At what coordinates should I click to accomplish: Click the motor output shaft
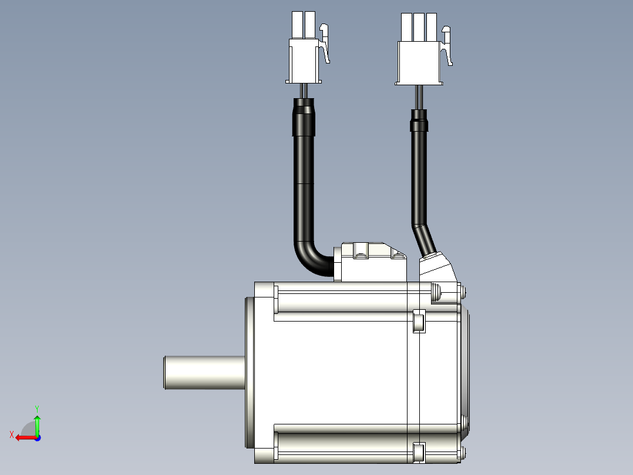(x=204, y=372)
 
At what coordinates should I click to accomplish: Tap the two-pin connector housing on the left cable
(x=304, y=47)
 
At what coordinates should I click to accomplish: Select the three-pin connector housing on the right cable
(x=419, y=49)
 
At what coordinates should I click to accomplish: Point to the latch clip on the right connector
(x=447, y=46)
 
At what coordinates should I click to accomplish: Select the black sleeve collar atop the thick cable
(x=304, y=117)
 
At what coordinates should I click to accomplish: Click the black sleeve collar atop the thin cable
(x=419, y=121)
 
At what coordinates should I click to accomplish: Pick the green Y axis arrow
(x=37, y=424)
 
